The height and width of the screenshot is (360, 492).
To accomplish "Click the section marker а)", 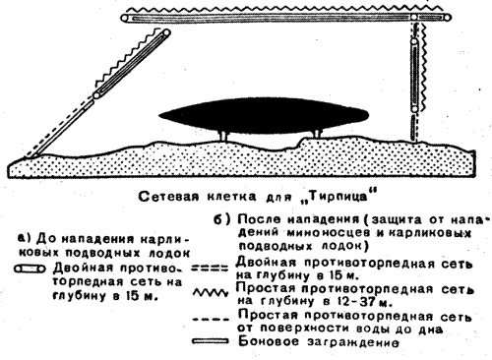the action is (24, 238).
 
